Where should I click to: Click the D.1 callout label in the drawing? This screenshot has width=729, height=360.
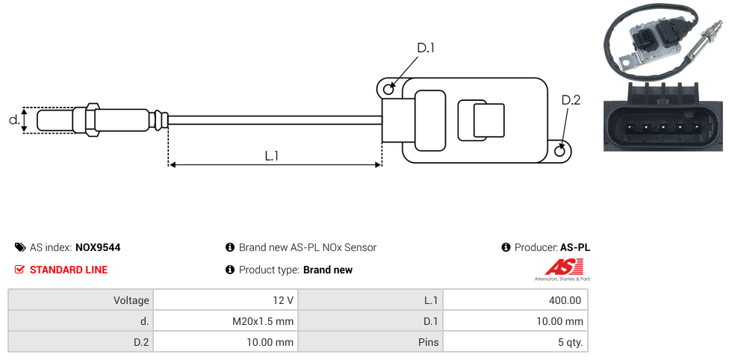coord(426,48)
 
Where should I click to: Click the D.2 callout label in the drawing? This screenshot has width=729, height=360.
coord(571,100)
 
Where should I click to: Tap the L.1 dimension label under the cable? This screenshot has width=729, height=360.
coord(272,156)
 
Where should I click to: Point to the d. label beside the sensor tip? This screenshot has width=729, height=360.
coord(14,120)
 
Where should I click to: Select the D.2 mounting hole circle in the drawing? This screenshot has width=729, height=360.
coord(560,151)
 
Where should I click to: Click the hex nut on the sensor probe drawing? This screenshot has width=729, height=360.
coord(91,120)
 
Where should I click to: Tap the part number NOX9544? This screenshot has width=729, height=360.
coord(98,247)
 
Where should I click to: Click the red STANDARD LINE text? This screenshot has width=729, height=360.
coord(69,270)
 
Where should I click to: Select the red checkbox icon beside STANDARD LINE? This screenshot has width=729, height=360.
coord(19,270)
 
